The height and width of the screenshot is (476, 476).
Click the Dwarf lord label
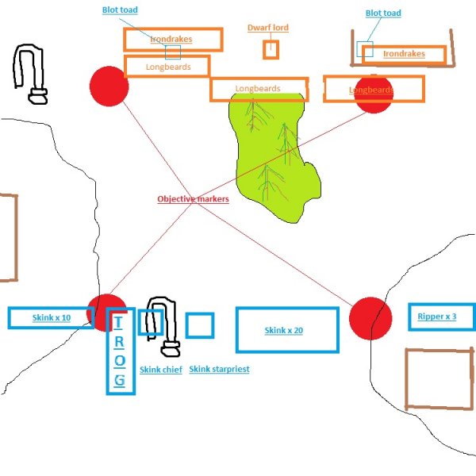point(267,28)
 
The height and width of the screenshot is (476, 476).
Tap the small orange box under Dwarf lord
point(271,49)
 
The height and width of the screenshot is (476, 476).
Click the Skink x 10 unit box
point(51,317)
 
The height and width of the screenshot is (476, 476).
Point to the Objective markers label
point(193,199)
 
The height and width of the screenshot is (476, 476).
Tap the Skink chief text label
point(161,370)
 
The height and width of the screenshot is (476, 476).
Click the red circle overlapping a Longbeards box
point(373,93)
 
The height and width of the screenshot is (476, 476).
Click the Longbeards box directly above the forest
point(259,89)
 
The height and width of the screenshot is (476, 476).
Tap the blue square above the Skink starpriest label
point(200,325)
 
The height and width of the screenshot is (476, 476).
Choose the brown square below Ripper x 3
point(440,379)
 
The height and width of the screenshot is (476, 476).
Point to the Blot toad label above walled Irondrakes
point(383,13)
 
